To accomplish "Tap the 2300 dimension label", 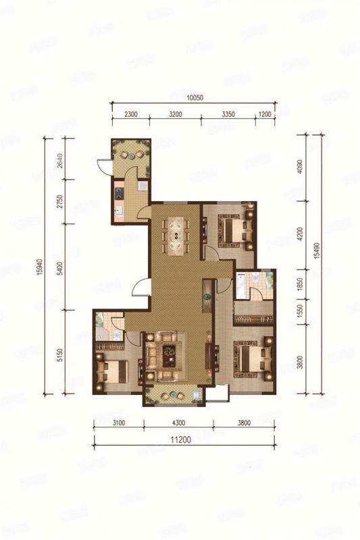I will (131, 114).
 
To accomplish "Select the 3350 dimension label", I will (228, 114).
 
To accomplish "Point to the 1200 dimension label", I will (264, 114).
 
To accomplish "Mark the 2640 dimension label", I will (59, 161).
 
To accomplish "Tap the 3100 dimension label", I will (118, 424).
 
